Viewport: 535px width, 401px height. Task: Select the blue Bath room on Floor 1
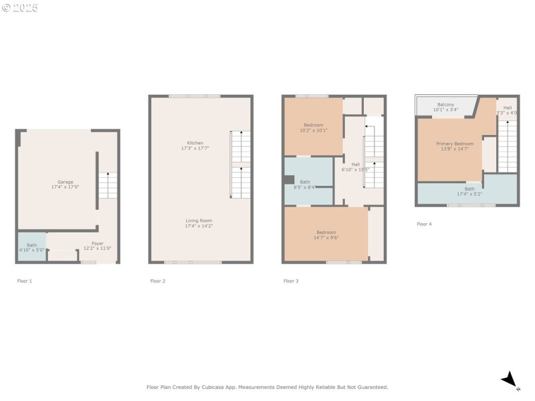click(x=31, y=247)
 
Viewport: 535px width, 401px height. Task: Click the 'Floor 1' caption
click(x=24, y=281)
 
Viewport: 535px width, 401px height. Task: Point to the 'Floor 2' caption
click(x=157, y=281)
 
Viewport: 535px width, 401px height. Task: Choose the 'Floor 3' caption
click(x=290, y=281)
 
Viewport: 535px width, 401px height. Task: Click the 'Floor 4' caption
click(x=424, y=225)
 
